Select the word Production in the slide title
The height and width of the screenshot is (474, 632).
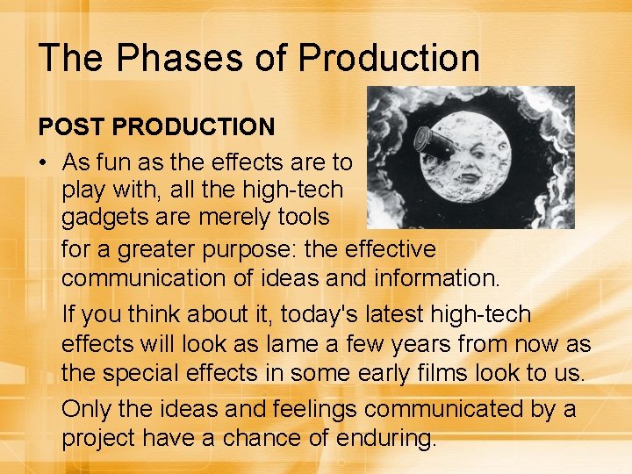[x=389, y=58]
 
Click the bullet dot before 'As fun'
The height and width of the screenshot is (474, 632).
[x=44, y=163]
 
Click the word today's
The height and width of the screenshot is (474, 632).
[x=280, y=314]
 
